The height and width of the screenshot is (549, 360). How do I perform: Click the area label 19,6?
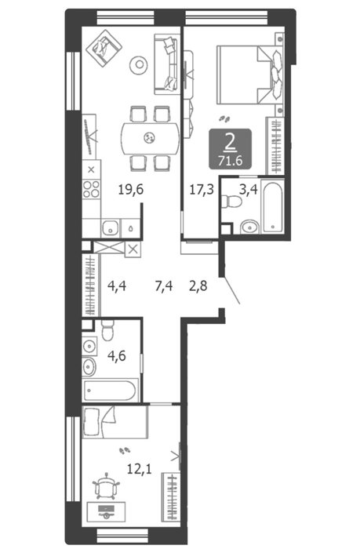(131, 190)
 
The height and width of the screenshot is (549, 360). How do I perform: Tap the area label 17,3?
(202, 190)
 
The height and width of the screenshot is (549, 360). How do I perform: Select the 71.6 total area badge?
(230, 149)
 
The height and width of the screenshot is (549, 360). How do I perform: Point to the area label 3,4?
(249, 190)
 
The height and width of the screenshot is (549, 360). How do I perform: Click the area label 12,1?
(139, 468)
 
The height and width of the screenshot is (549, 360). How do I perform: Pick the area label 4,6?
(117, 356)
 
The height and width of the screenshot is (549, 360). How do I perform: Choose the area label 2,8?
(198, 286)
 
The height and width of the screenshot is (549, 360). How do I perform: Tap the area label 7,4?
(164, 286)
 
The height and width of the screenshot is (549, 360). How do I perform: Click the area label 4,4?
(117, 286)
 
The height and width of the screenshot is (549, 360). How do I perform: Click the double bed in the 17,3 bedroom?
(250, 75)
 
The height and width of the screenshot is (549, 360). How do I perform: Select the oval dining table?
(151, 138)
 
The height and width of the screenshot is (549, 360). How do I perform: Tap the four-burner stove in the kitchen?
(91, 189)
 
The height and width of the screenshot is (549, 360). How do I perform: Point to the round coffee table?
(139, 64)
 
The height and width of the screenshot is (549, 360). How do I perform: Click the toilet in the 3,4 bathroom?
(232, 202)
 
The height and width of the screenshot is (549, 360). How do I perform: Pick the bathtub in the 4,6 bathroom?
(109, 391)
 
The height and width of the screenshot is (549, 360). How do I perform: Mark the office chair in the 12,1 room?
(106, 486)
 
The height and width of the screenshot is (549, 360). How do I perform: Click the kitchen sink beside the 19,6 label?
(111, 228)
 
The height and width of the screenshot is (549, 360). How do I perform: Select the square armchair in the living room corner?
(104, 48)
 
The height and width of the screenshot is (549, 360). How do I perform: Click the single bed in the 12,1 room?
(115, 422)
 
